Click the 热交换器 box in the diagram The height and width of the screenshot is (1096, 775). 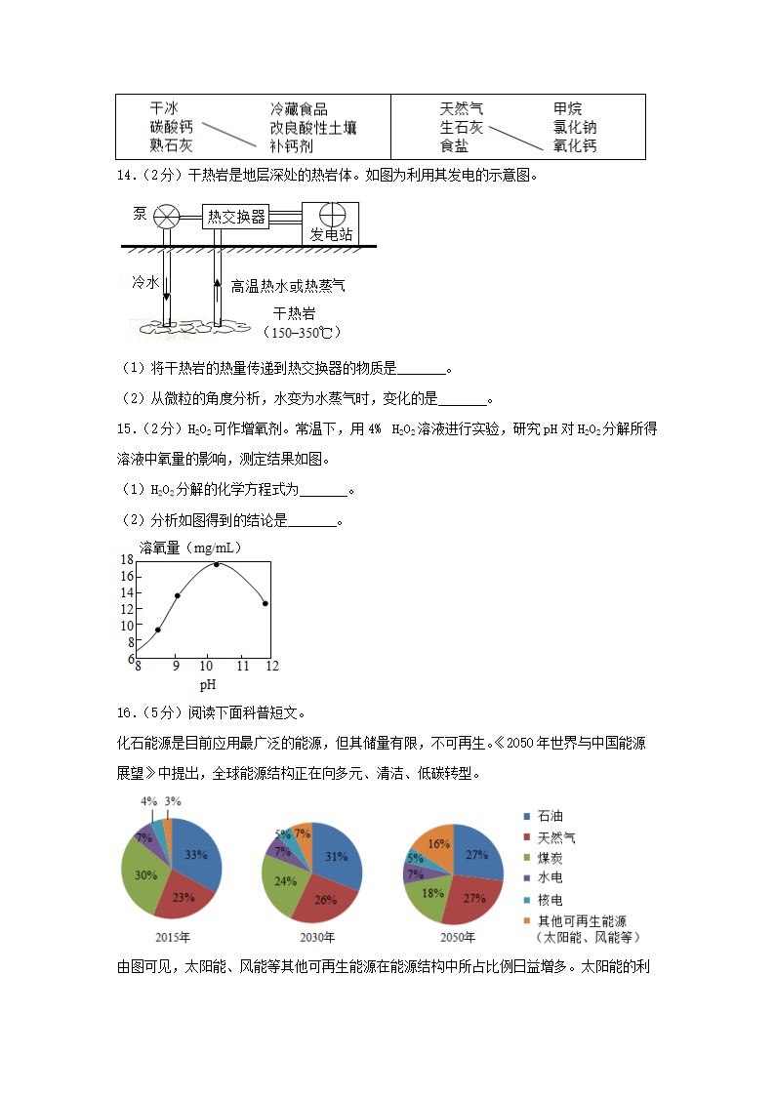coord(236,217)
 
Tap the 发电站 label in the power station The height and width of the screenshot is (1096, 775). coord(330,235)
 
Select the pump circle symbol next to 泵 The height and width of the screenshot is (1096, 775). coord(169,216)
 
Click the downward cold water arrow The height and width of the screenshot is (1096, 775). coord(166,288)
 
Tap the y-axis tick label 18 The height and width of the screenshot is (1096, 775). coord(127,560)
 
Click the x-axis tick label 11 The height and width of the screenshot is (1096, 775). coord(242,666)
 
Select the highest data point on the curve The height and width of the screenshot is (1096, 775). coord(217,564)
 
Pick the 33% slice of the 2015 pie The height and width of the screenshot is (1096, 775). coord(196,855)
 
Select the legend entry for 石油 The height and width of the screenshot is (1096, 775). coord(542,816)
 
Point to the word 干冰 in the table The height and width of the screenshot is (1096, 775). coord(163,108)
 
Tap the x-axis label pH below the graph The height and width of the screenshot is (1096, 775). coord(208,685)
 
